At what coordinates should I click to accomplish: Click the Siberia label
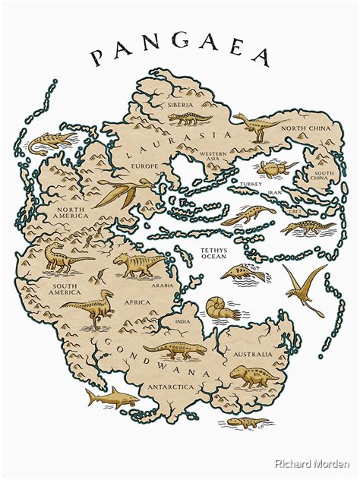pyautogui.click(x=181, y=104)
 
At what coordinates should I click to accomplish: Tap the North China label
pyautogui.click(x=306, y=129)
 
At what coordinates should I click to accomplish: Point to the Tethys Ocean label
pyautogui.click(x=213, y=253)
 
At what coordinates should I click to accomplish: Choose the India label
pyautogui.click(x=183, y=321)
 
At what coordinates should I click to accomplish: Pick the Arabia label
pyautogui.click(x=161, y=286)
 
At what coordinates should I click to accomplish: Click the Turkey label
pyautogui.click(x=250, y=184)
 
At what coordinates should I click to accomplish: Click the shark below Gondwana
pyautogui.click(x=110, y=395)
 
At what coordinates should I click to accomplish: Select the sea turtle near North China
pyautogui.click(x=270, y=167)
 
